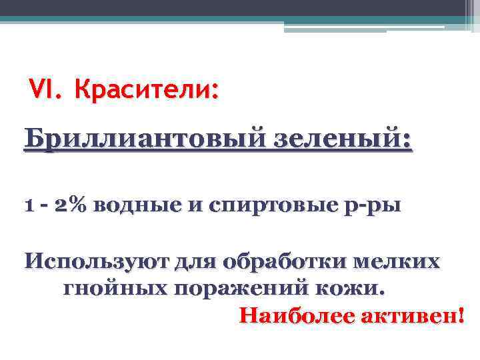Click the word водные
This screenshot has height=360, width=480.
(x=133, y=205)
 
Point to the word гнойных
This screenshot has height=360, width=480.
(x=113, y=289)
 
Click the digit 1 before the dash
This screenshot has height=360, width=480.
(x=28, y=205)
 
